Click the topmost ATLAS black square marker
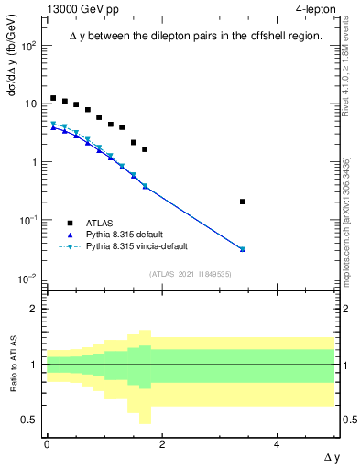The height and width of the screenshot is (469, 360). [53, 98]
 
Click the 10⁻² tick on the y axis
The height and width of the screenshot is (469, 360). [30, 278]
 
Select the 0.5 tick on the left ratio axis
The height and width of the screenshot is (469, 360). [32, 420]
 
